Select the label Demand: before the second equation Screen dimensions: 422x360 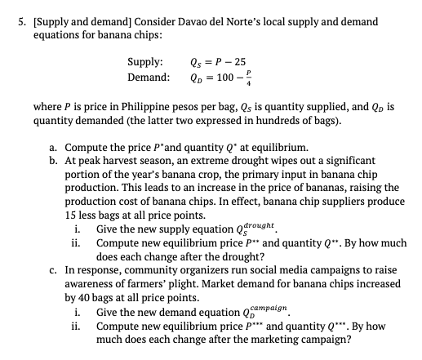148,78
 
